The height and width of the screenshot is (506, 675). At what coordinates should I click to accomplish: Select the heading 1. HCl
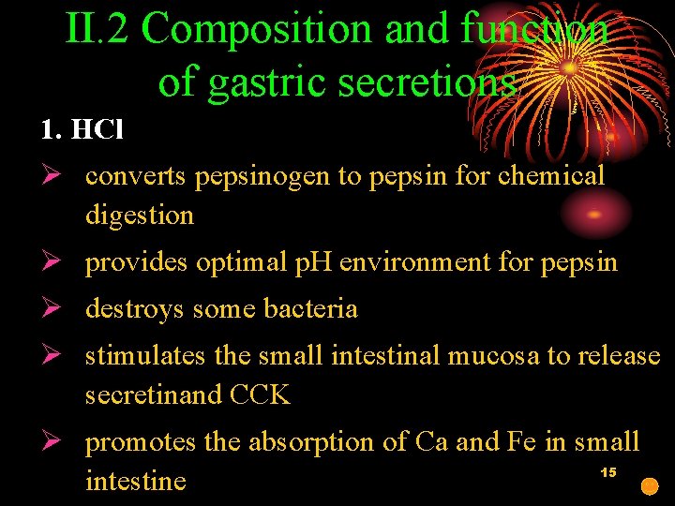click(x=82, y=129)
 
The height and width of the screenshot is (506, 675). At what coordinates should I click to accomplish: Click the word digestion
click(x=140, y=216)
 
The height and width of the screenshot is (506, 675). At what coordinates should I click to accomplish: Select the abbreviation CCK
click(x=260, y=395)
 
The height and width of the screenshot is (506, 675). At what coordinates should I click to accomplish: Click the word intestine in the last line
click(x=136, y=482)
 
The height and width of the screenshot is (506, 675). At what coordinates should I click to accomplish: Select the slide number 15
click(x=607, y=472)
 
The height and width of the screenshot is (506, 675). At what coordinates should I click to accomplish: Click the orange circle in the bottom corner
click(x=649, y=486)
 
